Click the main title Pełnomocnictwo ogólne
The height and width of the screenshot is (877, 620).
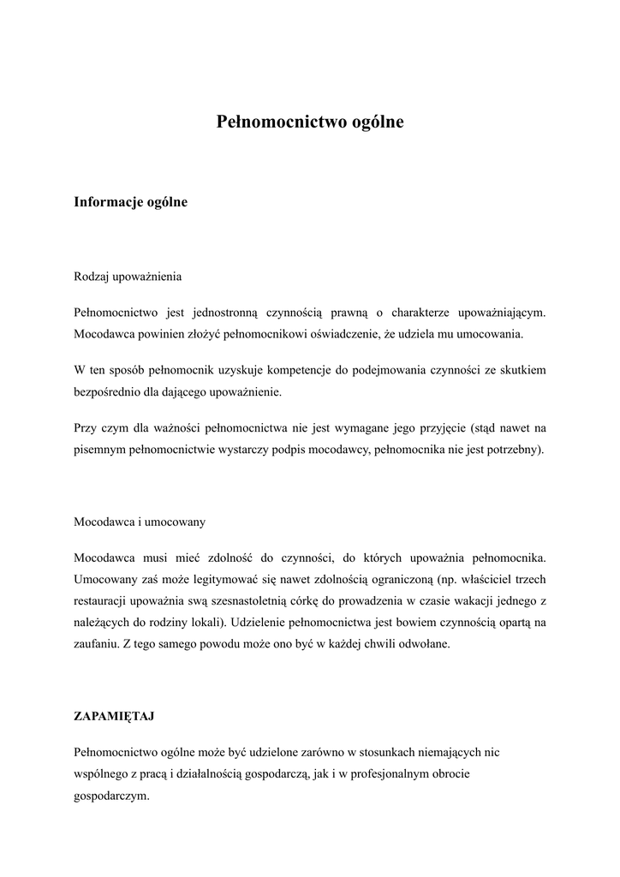coord(309,122)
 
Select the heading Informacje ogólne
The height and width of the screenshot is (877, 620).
coord(130,203)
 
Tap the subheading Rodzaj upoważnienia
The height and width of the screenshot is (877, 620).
coord(128,277)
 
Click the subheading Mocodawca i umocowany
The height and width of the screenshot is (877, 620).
coord(139,521)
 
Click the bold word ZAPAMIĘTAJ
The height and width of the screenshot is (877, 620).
coord(115,715)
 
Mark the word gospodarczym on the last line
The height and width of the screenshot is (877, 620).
coord(111,794)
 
